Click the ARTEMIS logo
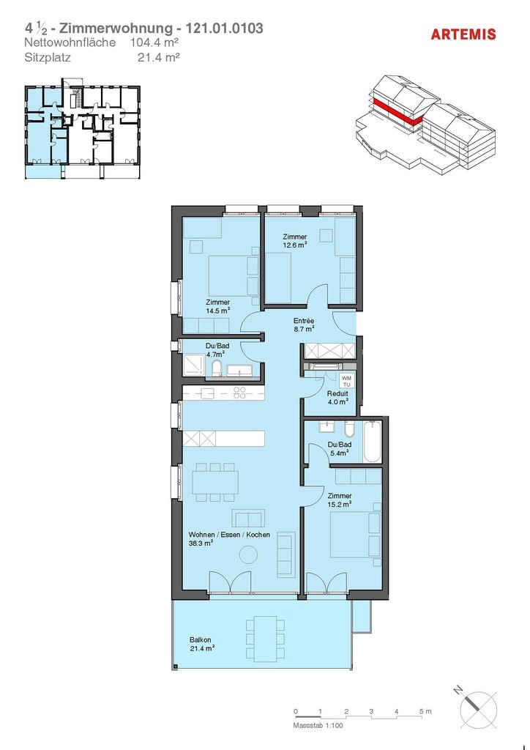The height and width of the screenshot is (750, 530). pyautogui.click(x=463, y=34)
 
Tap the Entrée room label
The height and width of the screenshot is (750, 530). pyautogui.click(x=304, y=321)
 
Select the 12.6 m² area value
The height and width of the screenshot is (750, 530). pyautogui.click(x=294, y=245)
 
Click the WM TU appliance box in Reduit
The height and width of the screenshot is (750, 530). pyautogui.click(x=346, y=381)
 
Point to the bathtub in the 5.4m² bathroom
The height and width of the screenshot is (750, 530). pyautogui.click(x=373, y=442)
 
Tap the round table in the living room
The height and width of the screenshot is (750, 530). pyautogui.click(x=248, y=555)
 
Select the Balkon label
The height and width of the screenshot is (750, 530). pyautogui.click(x=200, y=639)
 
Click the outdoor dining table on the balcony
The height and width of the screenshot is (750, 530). pyautogui.click(x=265, y=638)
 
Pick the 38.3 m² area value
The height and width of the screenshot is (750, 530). pyautogui.click(x=201, y=543)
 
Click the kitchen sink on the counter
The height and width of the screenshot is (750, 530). pyautogui.click(x=207, y=393)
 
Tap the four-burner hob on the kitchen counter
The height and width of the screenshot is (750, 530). pyautogui.click(x=240, y=393)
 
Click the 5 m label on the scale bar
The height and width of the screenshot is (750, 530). pyautogui.click(x=425, y=712)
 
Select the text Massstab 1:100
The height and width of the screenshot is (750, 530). pyautogui.click(x=318, y=726)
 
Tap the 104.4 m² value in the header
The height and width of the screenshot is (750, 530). pyautogui.click(x=155, y=42)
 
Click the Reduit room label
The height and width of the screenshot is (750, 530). pyautogui.click(x=337, y=393)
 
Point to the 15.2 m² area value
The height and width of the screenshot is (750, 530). pyautogui.click(x=340, y=504)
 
